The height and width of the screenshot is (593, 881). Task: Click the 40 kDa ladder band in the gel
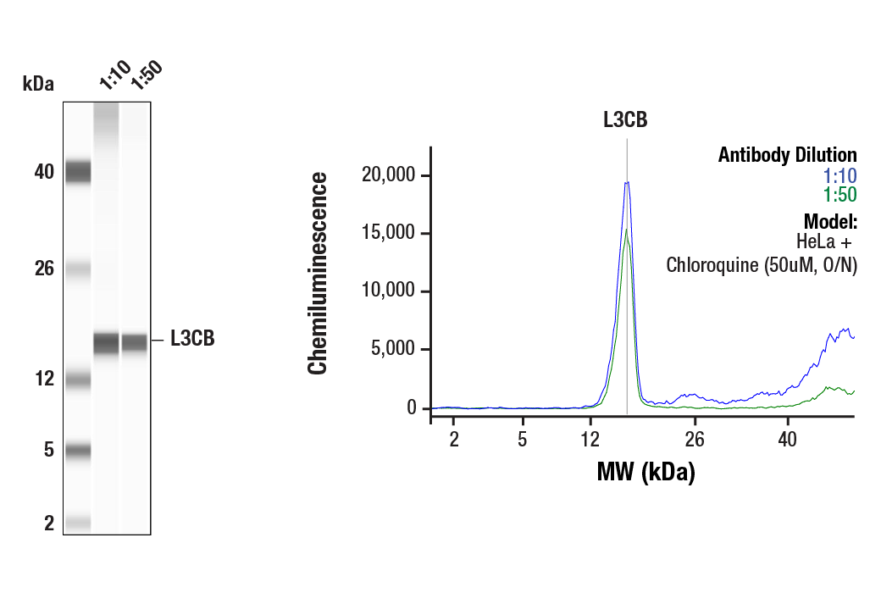pos(78,172)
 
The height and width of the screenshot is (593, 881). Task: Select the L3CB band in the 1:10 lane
pos(106,343)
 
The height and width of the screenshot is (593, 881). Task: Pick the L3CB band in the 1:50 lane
pos(135,342)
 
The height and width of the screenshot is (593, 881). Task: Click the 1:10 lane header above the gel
pos(114,75)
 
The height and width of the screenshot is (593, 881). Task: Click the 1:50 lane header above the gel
pos(145,75)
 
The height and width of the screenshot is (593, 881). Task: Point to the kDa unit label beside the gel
pos(38,83)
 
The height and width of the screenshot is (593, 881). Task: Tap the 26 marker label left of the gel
pos(44,269)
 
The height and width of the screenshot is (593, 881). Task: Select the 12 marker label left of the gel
pos(44,378)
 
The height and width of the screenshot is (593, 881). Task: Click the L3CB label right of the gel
pos(192,340)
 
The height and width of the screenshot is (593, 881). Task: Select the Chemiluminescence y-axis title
pos(318,273)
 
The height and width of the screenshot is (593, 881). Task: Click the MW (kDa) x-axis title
pos(646,472)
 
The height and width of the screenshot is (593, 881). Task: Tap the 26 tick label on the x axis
pos(695,440)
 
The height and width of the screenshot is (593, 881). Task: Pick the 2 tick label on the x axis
pos(453,440)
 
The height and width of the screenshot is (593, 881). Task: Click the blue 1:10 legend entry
pos(839,176)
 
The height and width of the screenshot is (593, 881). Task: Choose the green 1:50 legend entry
pos(839,195)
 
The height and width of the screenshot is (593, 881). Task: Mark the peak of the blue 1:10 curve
pos(626,181)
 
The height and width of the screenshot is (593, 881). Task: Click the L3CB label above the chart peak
pos(625,119)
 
